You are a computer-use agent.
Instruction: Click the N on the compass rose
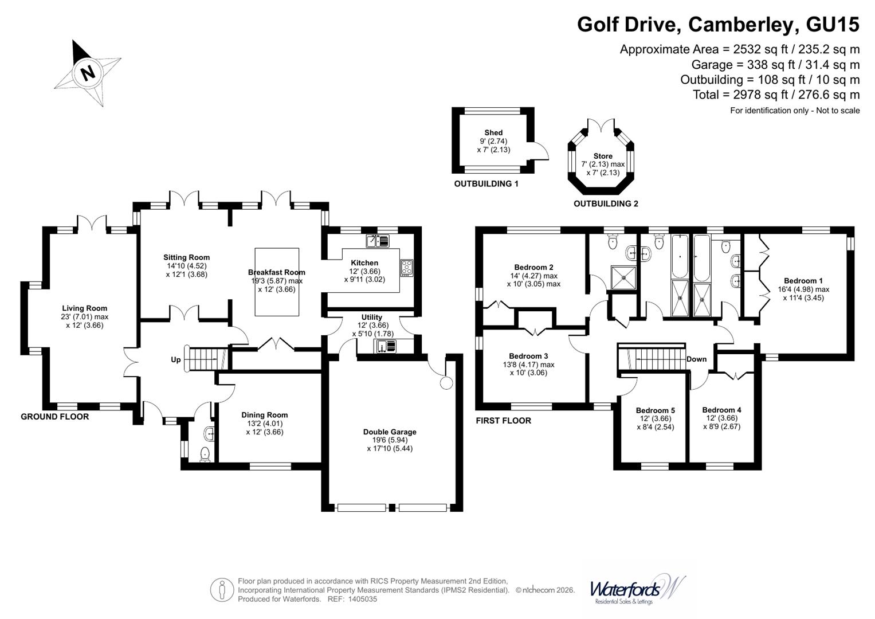87,73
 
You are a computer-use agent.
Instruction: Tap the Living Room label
85,308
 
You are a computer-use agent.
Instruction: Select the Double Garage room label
390,432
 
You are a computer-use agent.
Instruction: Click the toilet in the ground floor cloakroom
205,454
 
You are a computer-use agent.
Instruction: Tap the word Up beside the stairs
176,360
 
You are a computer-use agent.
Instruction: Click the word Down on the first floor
696,359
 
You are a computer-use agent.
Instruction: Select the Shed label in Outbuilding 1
493,132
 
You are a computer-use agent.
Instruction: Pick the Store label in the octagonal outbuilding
603,156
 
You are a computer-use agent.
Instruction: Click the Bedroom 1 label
803,281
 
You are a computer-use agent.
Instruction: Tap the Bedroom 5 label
655,410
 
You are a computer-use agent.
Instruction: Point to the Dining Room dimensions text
264,428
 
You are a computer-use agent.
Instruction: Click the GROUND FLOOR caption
55,417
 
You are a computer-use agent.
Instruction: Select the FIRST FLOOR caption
503,421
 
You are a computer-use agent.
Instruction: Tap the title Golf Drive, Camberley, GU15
718,25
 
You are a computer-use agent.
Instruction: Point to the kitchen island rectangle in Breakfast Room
277,281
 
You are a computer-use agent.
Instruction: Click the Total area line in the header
776,95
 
